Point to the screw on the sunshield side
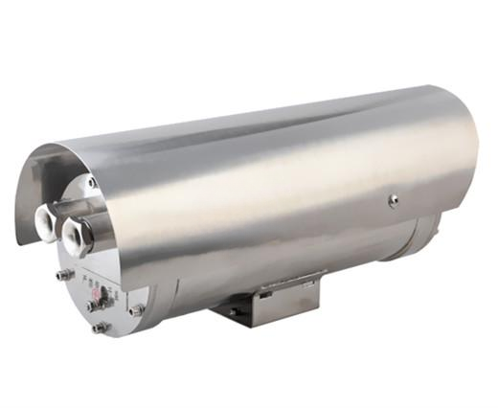393,200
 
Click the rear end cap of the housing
421,235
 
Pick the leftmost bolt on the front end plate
63,275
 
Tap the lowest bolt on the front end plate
99,328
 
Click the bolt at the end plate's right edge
135,310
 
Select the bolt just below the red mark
92,306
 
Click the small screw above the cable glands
92,182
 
